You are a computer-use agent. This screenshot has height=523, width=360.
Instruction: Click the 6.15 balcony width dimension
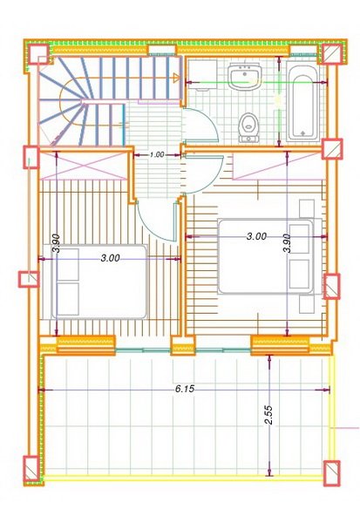pyautogui.click(x=183, y=389)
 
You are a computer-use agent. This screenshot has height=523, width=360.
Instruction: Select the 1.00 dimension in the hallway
pyautogui.click(x=157, y=154)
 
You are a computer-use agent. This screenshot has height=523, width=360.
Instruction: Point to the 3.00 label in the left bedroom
pyautogui.click(x=110, y=259)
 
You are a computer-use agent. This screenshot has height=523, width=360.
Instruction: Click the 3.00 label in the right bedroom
pyautogui.click(x=255, y=236)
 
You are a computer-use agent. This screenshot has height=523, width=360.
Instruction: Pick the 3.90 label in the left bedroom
pyautogui.click(x=56, y=243)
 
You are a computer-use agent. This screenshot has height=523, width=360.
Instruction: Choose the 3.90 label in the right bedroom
pyautogui.click(x=286, y=242)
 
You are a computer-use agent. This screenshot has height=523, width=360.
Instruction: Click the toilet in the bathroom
pyautogui.click(x=249, y=126)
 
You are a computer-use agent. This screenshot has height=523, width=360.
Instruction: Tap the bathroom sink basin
pyautogui.click(x=242, y=78)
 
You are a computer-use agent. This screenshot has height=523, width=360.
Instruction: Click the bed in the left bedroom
pyautogui.click(x=98, y=281)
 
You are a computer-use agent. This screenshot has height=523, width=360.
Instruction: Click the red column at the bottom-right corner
pyautogui.click(x=332, y=472)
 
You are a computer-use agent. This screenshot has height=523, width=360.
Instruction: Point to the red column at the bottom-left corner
pyautogui.click(x=31, y=471)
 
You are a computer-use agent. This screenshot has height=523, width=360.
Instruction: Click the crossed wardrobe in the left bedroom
pyautogui.click(x=84, y=163)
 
